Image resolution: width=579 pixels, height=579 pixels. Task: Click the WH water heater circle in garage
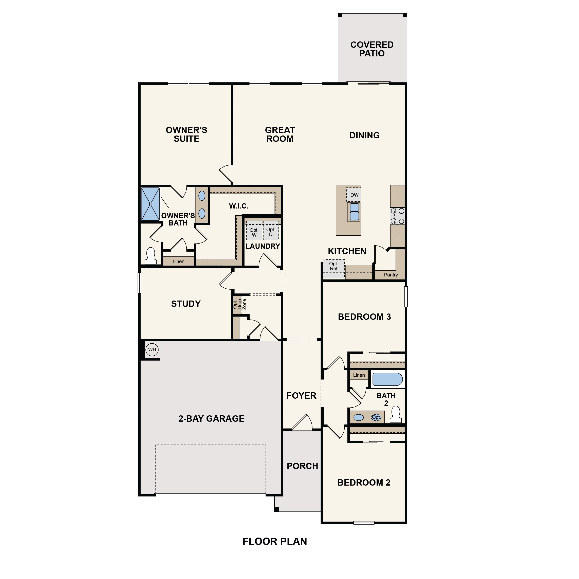point(152,349)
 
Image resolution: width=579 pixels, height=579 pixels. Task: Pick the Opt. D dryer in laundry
point(271,231)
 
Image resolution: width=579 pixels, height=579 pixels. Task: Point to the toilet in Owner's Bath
point(150,256)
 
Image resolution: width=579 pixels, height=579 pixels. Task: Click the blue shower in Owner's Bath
point(150,204)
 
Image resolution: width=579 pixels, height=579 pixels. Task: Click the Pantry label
point(391,275)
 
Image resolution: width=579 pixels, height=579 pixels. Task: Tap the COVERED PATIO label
point(372,49)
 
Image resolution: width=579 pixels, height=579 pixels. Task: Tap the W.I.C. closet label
point(239,206)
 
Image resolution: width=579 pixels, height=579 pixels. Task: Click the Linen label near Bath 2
point(359,375)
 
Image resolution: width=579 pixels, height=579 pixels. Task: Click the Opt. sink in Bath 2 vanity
point(376,417)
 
